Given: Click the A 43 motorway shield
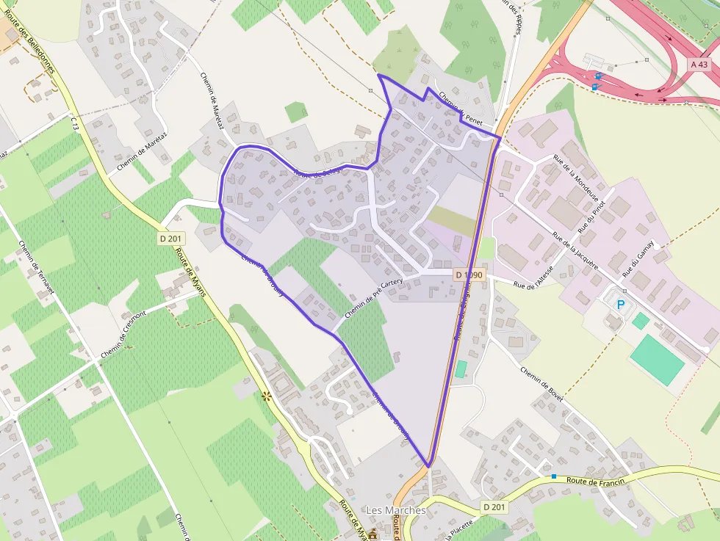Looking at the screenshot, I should click(699, 65).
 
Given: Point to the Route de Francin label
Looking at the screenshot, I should click(596, 480).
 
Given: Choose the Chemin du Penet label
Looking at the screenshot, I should click(458, 107).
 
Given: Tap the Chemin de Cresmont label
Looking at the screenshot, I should click(126, 335).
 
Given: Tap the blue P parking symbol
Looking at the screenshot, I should click(621, 304).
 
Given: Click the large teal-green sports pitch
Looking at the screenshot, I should click(657, 360).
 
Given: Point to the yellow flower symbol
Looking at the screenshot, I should click(266, 396).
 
